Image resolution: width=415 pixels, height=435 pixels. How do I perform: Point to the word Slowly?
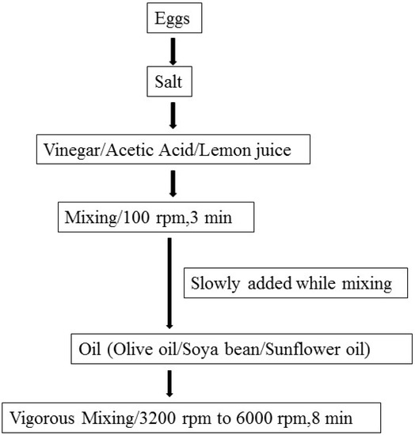click(x=214, y=282)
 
